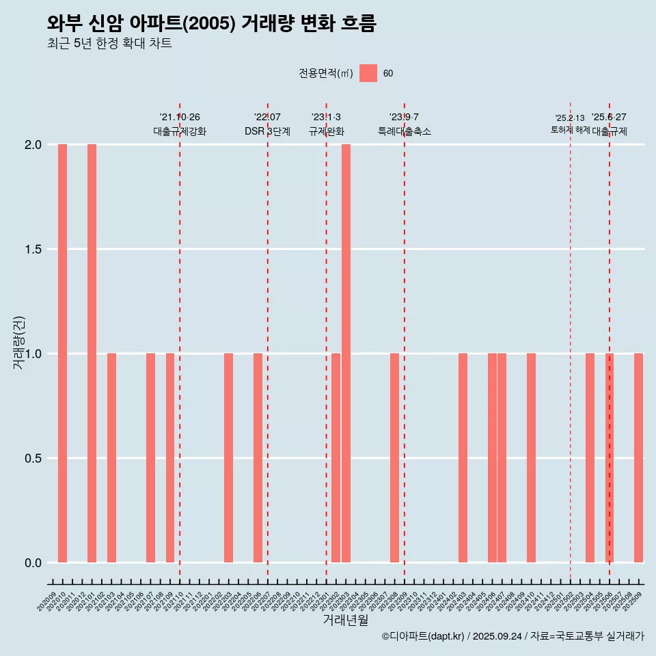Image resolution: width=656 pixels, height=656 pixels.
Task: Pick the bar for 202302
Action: (x=336, y=458)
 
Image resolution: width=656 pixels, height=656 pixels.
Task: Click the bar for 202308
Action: (x=394, y=458)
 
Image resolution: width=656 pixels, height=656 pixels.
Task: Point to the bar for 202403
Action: (x=463, y=458)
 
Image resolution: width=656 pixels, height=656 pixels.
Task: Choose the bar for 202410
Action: (x=531, y=458)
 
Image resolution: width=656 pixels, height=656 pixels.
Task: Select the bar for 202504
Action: (x=590, y=458)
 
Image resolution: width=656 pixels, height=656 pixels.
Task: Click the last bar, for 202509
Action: (x=638, y=458)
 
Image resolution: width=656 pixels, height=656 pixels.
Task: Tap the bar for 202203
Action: (x=228, y=458)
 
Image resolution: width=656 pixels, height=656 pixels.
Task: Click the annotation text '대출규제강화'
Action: (x=180, y=131)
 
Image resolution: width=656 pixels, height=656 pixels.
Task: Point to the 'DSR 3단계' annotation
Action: (x=267, y=131)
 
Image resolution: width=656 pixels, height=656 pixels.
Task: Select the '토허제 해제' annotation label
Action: (x=570, y=130)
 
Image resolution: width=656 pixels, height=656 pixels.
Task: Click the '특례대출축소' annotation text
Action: (x=405, y=131)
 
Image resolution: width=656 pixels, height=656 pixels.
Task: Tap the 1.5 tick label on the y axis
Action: (x=33, y=249)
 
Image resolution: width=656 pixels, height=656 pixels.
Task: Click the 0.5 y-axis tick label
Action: (x=33, y=458)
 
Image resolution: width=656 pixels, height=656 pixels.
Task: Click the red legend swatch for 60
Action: (x=368, y=73)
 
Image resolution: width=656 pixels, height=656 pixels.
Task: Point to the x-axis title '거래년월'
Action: (x=345, y=620)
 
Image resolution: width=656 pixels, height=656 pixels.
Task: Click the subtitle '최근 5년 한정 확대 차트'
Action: (x=109, y=44)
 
